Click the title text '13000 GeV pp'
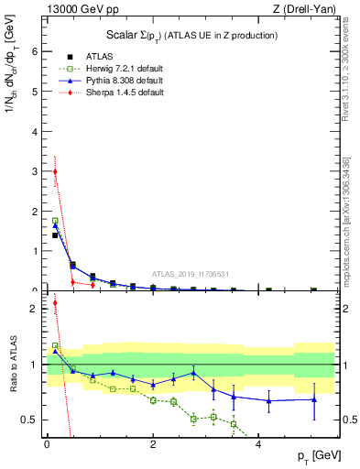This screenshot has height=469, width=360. pos(74,9)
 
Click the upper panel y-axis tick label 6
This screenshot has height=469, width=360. pos(36,51)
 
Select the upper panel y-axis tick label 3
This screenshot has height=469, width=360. pos(36,171)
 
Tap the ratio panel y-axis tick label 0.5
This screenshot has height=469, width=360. pos(31,420)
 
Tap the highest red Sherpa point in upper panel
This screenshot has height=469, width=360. pos(55,171)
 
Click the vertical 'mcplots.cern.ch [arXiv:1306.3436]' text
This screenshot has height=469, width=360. pos(352,211)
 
